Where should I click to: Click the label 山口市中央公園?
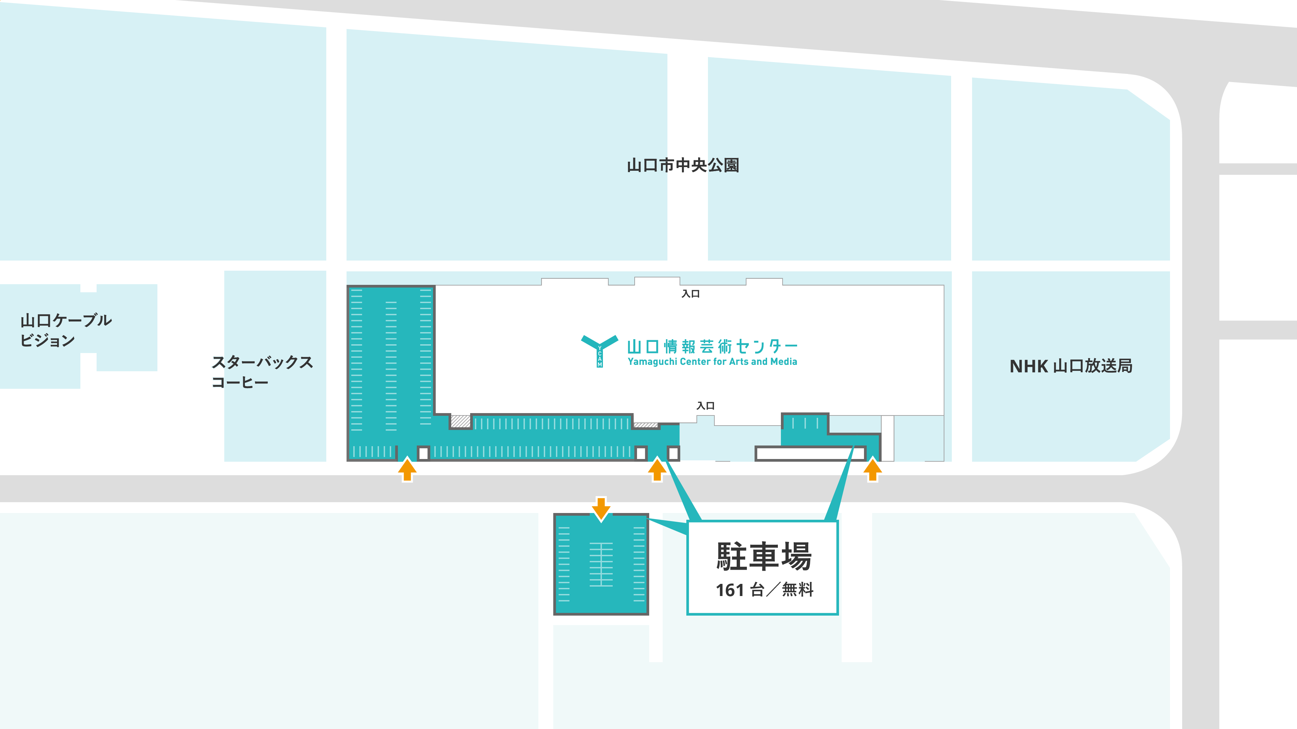pos(683,165)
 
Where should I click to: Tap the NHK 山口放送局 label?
pos(1071,366)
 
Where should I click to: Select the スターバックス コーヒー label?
pos(262,372)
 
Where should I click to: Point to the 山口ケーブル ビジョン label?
pos(66,330)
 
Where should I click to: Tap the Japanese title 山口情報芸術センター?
pos(712,346)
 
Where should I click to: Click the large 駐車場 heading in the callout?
pos(764,557)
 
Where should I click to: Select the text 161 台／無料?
pos(764,590)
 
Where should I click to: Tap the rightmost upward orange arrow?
pos(872,470)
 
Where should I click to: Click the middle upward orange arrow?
pos(657,470)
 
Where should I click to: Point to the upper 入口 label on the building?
pos(690,294)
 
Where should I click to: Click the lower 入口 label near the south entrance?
pos(705,406)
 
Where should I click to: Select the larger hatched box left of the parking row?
pos(460,421)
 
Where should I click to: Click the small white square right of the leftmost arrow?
pos(424,453)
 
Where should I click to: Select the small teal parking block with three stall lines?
pos(805,423)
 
